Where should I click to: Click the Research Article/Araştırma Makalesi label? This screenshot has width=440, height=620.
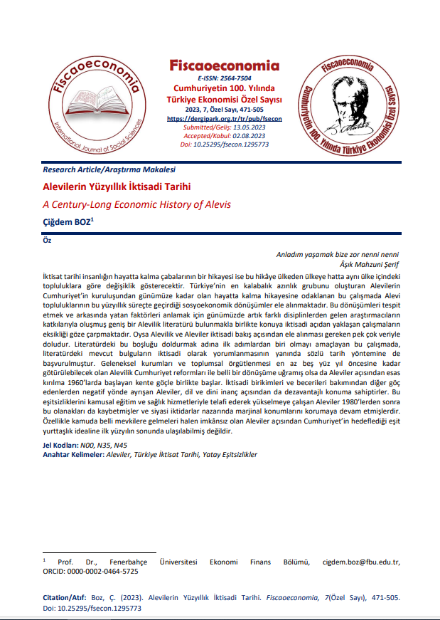pyautogui.click(x=109, y=170)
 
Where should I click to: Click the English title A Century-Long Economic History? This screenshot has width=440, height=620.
pyautogui.click(x=137, y=204)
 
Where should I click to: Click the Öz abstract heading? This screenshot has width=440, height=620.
pyautogui.click(x=48, y=240)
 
